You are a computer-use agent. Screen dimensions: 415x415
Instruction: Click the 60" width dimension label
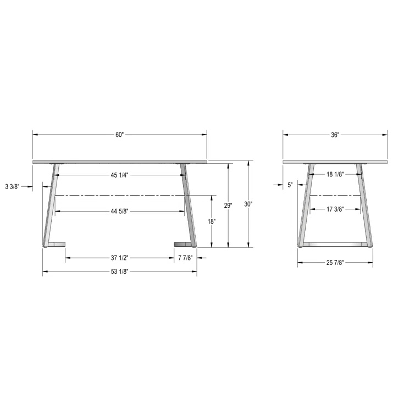tap(119, 135)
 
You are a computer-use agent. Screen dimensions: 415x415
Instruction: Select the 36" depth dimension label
tap(335, 135)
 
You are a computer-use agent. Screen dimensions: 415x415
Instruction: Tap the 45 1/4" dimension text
tap(119, 175)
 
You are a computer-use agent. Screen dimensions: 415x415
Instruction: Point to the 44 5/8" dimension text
tap(119, 211)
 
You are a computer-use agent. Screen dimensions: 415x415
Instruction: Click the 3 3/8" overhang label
tap(12, 186)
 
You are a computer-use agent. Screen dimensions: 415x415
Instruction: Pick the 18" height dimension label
tap(212, 222)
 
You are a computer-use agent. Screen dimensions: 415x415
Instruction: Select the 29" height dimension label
tap(228, 206)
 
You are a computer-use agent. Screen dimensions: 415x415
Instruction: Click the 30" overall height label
tap(248, 204)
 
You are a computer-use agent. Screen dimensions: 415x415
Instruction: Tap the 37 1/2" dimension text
tap(119, 258)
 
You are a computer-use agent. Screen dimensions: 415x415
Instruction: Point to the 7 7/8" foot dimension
tap(185, 258)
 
